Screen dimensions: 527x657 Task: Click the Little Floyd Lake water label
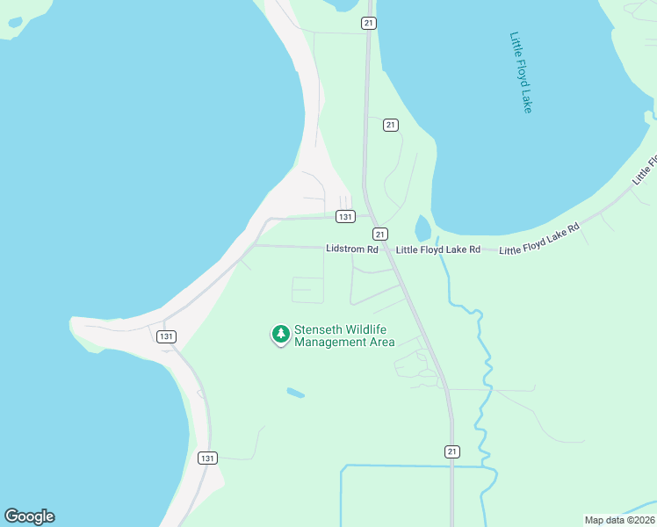pyautogui.click(x=521, y=72)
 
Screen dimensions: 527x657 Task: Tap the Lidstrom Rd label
pyautogui.click(x=351, y=249)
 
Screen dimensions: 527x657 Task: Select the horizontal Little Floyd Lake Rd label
pyautogui.click(x=438, y=250)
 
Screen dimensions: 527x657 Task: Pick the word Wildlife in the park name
pyautogui.click(x=366, y=329)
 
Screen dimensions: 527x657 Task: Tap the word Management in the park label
pyautogui.click(x=330, y=342)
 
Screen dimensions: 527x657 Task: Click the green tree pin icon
pyautogui.click(x=280, y=334)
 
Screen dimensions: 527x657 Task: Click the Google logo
pyautogui.click(x=29, y=516)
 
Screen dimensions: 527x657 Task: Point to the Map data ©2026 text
pyautogui.click(x=619, y=520)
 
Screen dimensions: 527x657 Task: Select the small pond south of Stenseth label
pyautogui.click(x=295, y=393)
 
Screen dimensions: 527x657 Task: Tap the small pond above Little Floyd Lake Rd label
pyautogui.click(x=422, y=228)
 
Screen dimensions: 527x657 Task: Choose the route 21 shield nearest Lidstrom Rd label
pyautogui.click(x=379, y=234)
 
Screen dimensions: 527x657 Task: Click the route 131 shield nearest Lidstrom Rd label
pyautogui.click(x=345, y=216)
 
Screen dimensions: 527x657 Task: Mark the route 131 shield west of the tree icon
pyautogui.click(x=167, y=336)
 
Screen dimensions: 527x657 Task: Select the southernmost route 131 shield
pyautogui.click(x=207, y=458)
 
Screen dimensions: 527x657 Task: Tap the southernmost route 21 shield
pyautogui.click(x=451, y=451)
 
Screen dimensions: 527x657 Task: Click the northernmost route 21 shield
pyautogui.click(x=369, y=24)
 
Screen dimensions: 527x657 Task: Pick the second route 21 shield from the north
pyautogui.click(x=391, y=126)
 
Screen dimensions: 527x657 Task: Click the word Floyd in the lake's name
pyautogui.click(x=521, y=74)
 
